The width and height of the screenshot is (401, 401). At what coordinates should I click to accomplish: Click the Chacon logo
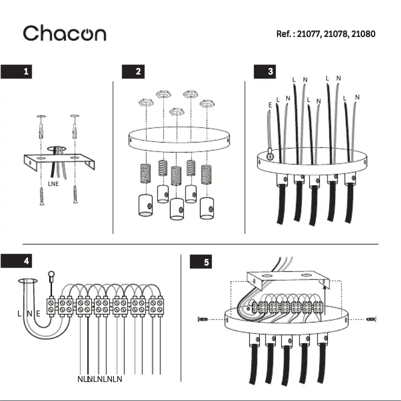click(x=64, y=33)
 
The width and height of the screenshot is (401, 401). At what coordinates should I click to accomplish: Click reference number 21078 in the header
click(x=336, y=34)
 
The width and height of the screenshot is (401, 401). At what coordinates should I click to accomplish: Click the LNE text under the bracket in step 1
click(x=53, y=184)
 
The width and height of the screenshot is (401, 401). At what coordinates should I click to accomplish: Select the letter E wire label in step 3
click(x=270, y=105)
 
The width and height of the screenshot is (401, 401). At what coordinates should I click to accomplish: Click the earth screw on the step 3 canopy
click(x=270, y=156)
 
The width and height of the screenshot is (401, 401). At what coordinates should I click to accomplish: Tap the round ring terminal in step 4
click(x=50, y=274)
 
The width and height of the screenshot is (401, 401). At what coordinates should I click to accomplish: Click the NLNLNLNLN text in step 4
click(x=100, y=379)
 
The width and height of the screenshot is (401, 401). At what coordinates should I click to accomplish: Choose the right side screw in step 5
click(x=370, y=318)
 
